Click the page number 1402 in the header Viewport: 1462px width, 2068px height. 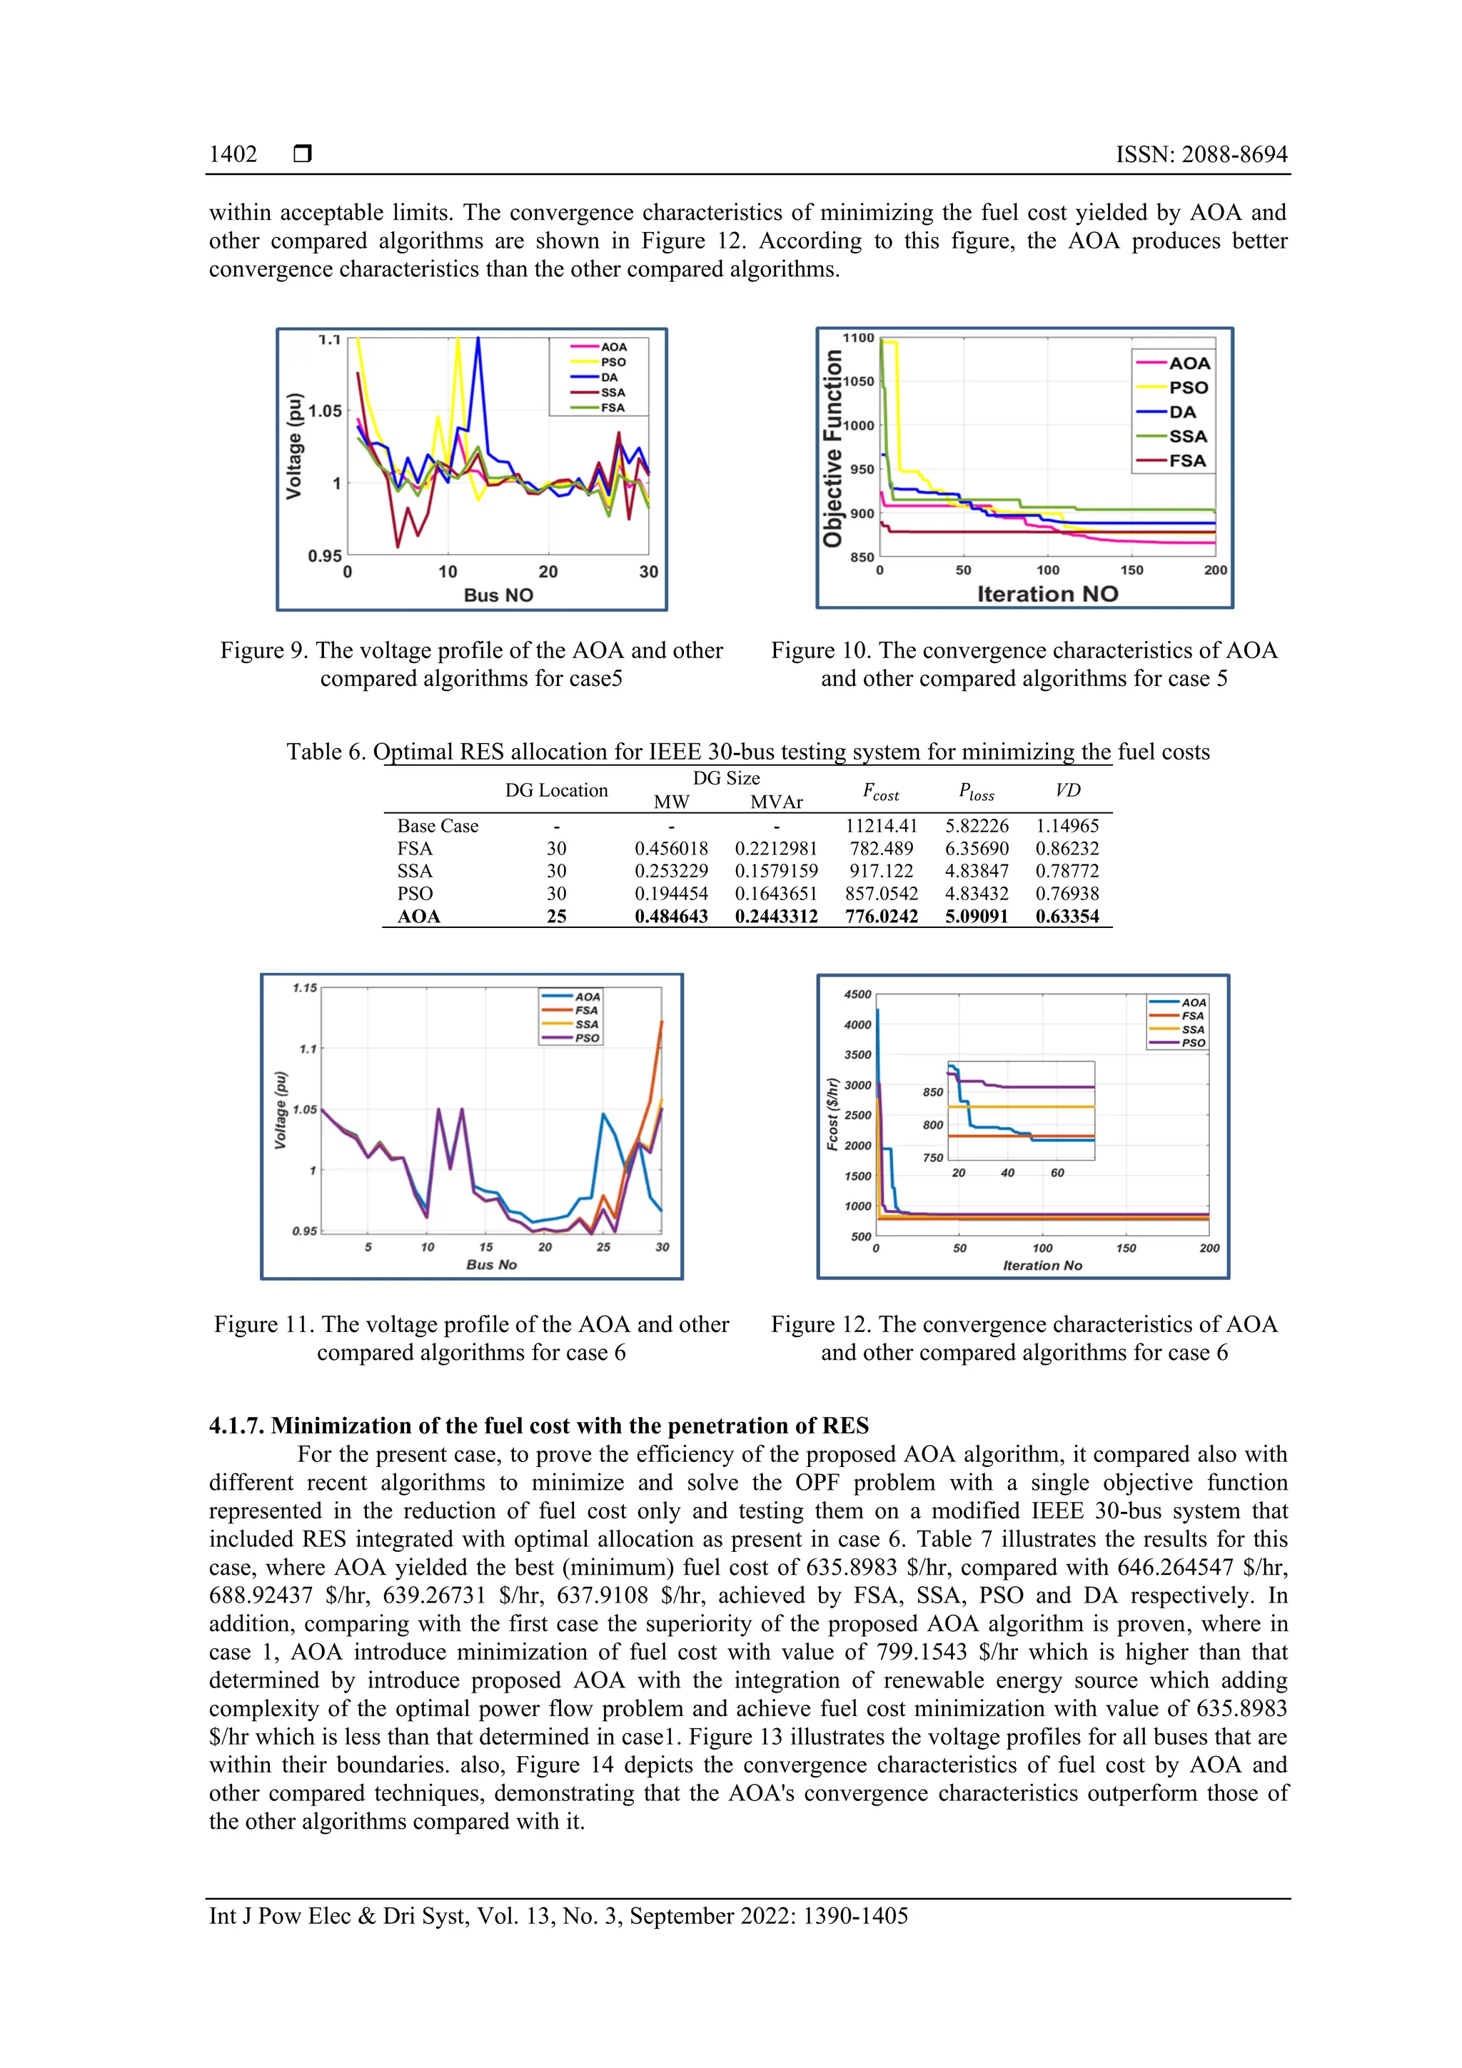coord(233,154)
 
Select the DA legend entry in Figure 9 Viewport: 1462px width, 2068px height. coord(609,378)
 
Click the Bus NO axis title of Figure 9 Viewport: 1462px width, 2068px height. coord(498,595)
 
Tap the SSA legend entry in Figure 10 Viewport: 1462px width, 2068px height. coord(1187,436)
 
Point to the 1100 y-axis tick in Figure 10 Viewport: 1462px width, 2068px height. coord(857,338)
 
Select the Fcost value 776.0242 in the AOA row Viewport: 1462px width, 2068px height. coord(881,917)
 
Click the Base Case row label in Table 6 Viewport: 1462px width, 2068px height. coord(438,826)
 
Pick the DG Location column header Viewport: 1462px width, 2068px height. coord(556,790)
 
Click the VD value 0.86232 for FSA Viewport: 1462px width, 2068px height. coord(1067,849)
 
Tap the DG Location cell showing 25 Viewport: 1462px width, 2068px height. coord(556,917)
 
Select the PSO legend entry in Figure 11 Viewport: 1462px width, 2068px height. coord(586,1038)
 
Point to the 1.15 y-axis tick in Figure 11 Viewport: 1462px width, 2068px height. coord(305,988)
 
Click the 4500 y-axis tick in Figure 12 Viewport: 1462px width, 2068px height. coord(857,994)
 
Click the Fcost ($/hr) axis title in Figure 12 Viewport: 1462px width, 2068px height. coord(832,1114)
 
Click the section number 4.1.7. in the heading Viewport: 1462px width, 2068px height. coord(237,1426)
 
